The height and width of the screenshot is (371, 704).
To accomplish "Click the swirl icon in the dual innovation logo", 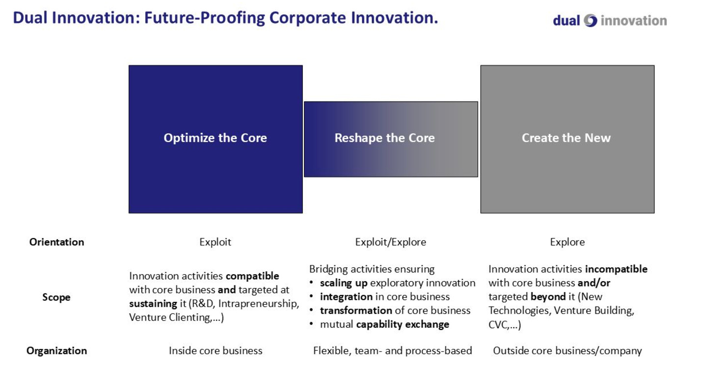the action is tap(590, 21).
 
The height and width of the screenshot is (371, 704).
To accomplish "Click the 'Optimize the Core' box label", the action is tap(216, 138).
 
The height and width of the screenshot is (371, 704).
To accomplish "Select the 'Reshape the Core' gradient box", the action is tap(391, 139).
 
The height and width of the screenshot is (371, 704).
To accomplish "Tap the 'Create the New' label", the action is tap(566, 138).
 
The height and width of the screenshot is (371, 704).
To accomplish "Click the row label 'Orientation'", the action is tap(56, 242).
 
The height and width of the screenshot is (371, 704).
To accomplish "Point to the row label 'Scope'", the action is tap(56, 297).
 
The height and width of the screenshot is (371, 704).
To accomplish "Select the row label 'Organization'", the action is tap(56, 350).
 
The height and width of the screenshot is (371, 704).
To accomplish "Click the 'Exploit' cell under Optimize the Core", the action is tap(216, 242).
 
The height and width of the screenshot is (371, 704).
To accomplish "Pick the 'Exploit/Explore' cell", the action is tap(391, 242).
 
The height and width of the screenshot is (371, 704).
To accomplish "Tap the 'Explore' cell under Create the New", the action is tap(568, 242).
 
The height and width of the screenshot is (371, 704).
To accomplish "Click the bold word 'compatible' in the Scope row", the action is tap(252, 276).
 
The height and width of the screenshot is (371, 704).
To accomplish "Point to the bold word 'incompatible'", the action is tap(616, 269).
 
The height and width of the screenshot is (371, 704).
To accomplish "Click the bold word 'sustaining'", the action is tap(153, 304).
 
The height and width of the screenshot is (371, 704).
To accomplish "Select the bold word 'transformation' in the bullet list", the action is tap(356, 310).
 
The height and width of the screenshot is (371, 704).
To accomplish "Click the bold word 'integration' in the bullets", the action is tap(346, 297).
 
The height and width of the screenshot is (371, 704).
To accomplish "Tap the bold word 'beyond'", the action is tap(548, 297).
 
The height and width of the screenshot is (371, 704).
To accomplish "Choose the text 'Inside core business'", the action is tap(216, 350).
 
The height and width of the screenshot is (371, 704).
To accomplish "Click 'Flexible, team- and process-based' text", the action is tap(393, 350).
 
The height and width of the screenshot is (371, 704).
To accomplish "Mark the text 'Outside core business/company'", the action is tap(568, 350).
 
